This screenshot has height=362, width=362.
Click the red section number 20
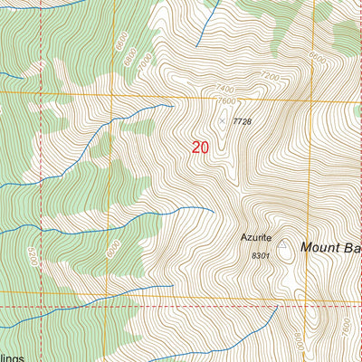click(200, 147)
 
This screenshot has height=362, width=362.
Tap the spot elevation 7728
click(241, 120)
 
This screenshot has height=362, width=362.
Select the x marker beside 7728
click(222, 119)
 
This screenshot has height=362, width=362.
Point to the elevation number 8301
click(261, 256)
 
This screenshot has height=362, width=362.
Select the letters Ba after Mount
click(354, 246)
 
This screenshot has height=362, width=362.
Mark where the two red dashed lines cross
click(41, 306)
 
